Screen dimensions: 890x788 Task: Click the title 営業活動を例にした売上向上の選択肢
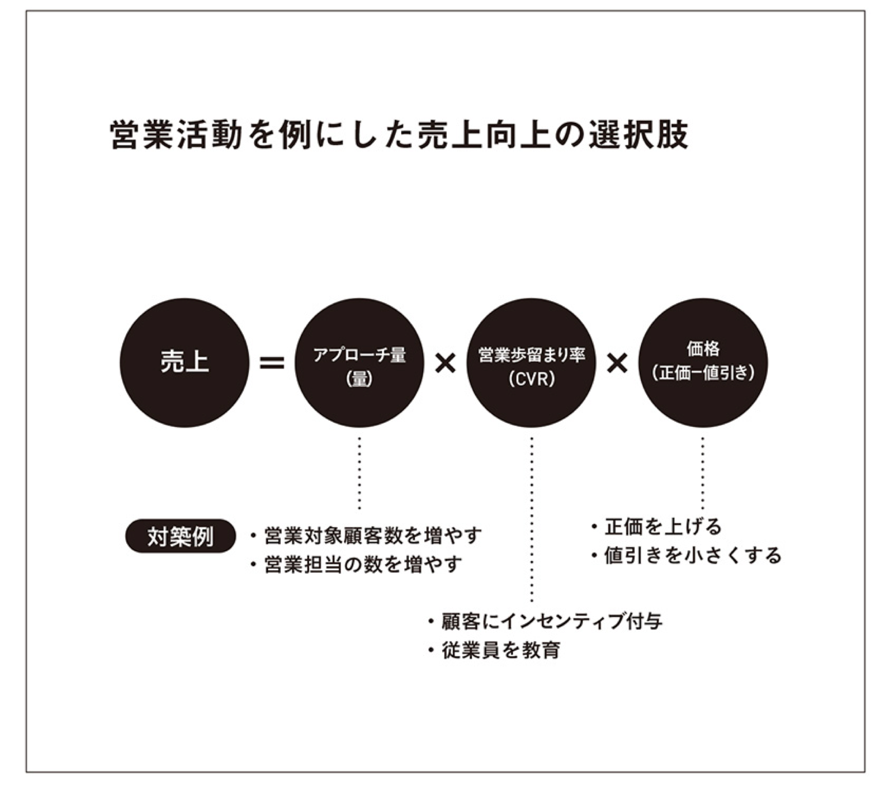[399, 134]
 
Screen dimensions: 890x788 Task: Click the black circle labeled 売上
[184, 363]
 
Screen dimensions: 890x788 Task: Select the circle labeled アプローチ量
[359, 363]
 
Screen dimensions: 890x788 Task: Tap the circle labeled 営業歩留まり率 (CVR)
[531, 363]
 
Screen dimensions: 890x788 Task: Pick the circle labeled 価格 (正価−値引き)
[703, 363]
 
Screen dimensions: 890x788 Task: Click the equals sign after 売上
[272, 363]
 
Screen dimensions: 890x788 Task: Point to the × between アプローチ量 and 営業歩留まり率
[445, 363]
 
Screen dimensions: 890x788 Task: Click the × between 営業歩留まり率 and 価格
[617, 363]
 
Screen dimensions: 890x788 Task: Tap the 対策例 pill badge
[180, 536]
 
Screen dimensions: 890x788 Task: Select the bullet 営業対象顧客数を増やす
[367, 535]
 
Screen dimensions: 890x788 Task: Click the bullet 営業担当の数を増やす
[356, 564]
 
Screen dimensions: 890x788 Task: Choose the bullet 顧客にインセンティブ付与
[545, 621]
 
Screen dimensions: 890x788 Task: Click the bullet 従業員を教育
[495, 650]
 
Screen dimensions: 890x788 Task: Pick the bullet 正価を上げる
[657, 526]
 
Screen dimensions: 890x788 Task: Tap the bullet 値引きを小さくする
[687, 555]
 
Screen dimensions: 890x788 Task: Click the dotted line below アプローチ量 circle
[359, 473]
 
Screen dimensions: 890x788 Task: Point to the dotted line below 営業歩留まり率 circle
[531, 520]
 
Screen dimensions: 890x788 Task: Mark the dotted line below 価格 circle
[703, 473]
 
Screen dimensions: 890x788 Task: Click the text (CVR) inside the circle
[531, 378]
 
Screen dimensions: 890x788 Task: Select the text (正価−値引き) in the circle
[703, 373]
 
